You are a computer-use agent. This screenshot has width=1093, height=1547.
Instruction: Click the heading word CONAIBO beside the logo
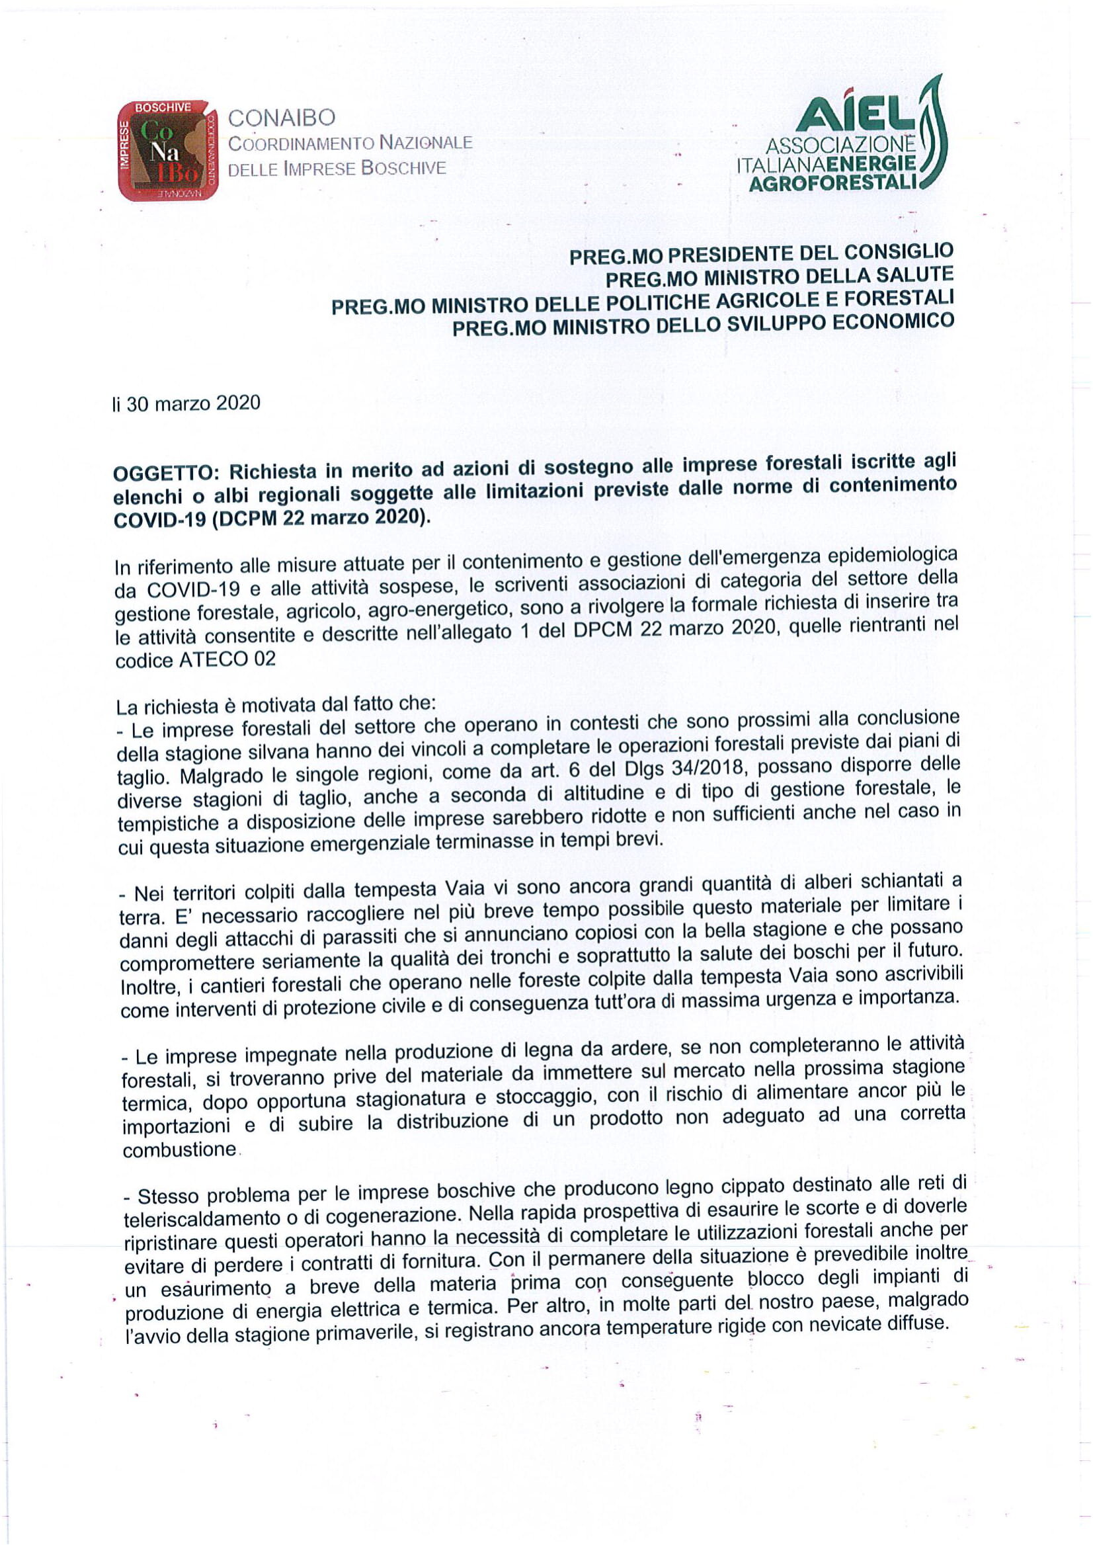tap(282, 118)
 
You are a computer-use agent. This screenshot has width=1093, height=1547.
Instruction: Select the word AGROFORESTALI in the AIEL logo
tap(834, 183)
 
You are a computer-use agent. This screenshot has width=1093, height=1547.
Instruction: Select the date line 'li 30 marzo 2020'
tap(186, 403)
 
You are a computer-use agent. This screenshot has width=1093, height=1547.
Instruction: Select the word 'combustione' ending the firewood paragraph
tap(179, 1150)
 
